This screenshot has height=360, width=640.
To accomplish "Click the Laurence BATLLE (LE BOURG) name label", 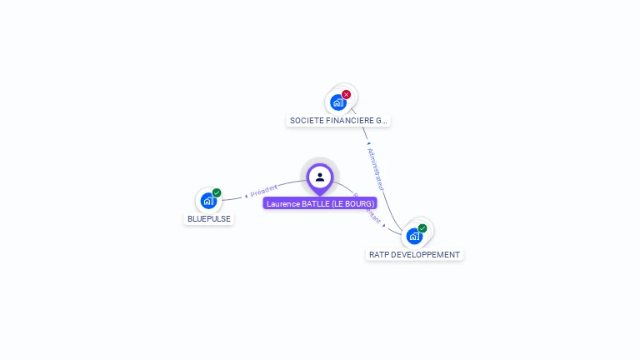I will [320, 203].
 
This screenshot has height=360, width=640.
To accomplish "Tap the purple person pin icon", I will [320, 177].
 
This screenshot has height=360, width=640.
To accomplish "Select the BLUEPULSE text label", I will [208, 219].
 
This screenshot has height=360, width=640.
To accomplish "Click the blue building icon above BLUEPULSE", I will [207, 201].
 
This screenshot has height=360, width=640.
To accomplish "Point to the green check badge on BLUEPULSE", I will [217, 192].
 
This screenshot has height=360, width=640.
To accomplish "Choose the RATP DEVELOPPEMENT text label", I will [414, 255].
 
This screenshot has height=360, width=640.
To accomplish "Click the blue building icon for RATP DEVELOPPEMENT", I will [413, 237].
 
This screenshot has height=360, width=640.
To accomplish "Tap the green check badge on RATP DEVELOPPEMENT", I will [422, 228].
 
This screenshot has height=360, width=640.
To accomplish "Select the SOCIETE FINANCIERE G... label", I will [338, 121].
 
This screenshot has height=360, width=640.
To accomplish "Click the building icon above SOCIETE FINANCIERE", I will [337, 102].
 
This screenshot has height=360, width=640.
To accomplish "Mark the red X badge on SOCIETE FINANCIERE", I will [347, 94].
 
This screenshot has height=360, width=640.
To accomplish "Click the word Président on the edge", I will [264, 192].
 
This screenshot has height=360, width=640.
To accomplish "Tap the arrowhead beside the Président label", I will [247, 196].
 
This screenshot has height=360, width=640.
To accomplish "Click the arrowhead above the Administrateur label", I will [368, 142].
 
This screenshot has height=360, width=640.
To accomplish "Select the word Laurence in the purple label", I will [282, 203].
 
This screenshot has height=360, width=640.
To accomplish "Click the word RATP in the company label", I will [378, 255].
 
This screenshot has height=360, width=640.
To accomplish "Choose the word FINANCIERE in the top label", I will [351, 121].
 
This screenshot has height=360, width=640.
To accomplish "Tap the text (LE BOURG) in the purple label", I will [353, 203].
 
